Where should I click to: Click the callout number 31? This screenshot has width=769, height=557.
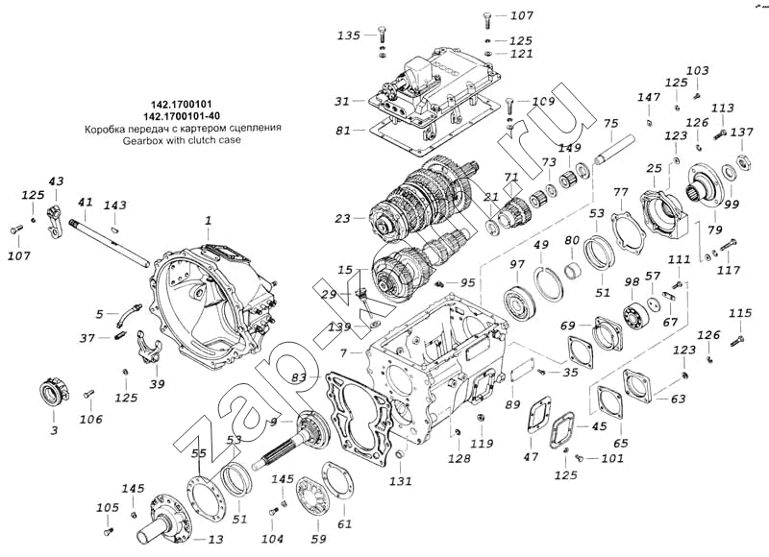click(342, 101)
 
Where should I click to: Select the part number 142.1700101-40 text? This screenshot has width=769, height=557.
click(182, 116)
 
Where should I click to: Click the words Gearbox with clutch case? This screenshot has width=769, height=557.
click(182, 140)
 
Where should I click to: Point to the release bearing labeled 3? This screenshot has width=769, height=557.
click(54, 393)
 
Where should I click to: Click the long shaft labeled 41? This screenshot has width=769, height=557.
click(110, 243)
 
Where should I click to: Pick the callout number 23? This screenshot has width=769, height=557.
click(342, 219)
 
